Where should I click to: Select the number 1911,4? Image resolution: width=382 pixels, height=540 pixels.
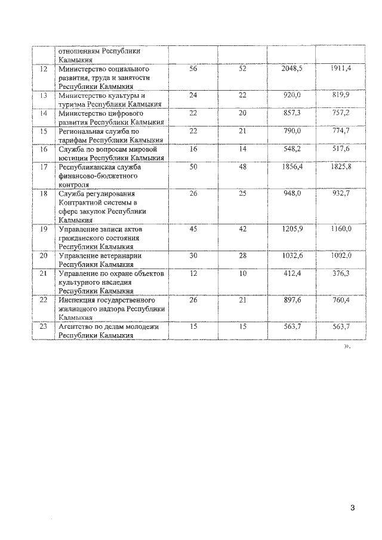point(341,69)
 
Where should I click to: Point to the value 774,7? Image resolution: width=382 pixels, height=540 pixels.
point(342,131)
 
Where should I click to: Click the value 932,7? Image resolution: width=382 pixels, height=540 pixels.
point(342,194)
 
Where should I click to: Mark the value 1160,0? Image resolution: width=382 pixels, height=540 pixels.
point(341,229)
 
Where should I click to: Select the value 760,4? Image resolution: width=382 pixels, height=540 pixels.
point(342,300)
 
